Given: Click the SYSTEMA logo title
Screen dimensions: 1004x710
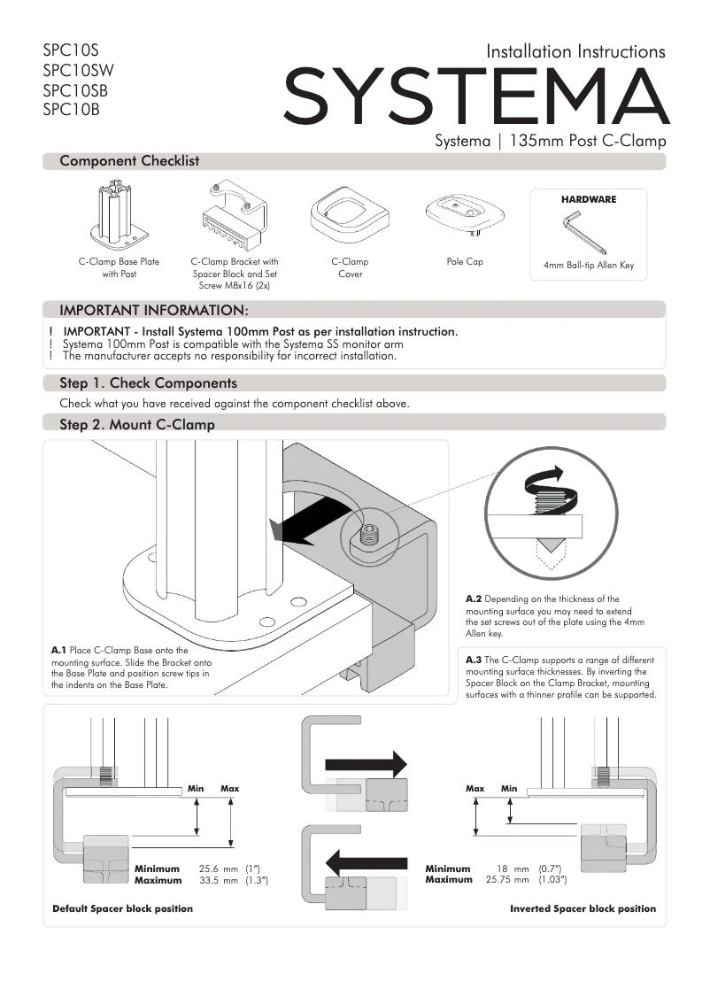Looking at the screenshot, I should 475,97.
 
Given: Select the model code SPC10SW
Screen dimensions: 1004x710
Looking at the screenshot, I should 78,71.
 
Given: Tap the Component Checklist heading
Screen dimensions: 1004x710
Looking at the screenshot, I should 129,161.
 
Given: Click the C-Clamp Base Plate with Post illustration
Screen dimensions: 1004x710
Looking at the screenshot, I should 119,218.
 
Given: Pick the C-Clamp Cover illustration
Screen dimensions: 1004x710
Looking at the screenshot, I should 350,219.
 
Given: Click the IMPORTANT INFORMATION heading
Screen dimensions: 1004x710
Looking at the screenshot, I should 153,310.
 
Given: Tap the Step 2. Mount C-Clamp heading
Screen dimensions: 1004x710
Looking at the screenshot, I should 137,425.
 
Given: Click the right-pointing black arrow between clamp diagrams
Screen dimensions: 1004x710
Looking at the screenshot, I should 366,763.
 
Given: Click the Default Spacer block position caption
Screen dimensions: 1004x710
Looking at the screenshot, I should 122,909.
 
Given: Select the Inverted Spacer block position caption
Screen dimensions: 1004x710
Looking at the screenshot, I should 583,909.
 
